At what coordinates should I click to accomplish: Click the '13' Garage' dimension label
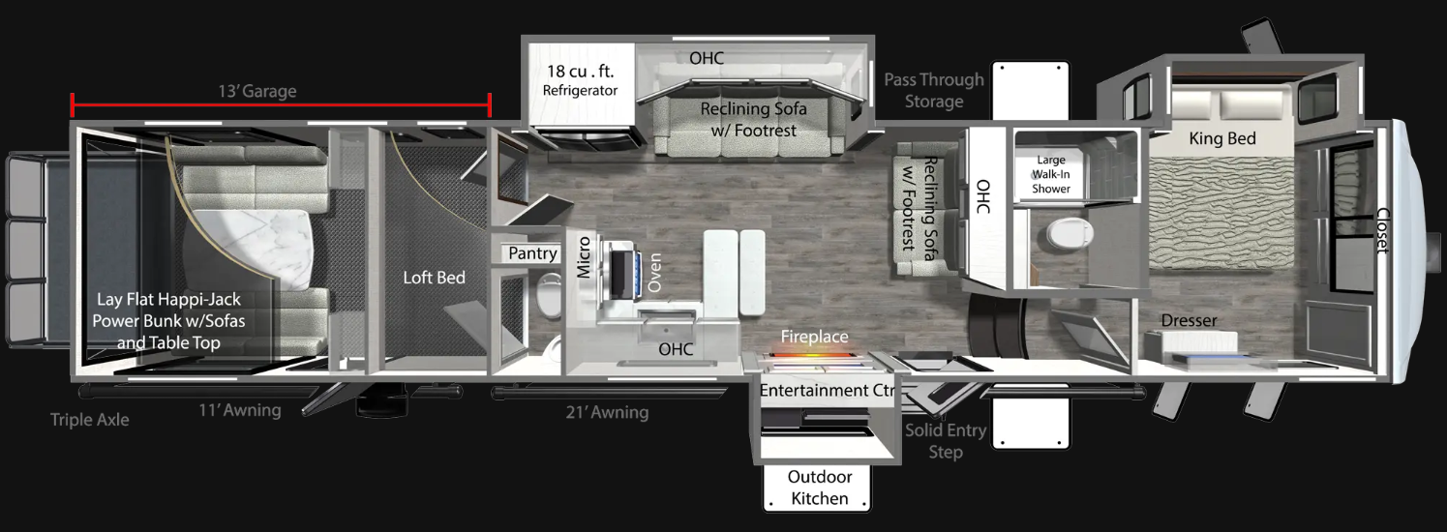[x=256, y=92]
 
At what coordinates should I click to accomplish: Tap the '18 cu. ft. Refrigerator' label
[x=580, y=80]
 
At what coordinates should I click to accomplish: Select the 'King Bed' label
[x=1222, y=138]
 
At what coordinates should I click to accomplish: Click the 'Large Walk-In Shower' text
[x=1051, y=174]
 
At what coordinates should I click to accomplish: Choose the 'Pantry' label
[x=533, y=253]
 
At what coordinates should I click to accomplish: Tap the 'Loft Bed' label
[x=434, y=278]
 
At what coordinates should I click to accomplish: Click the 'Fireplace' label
[x=815, y=337]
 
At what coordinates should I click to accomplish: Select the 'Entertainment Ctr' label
[x=828, y=391]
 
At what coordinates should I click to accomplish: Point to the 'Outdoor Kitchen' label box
[x=819, y=488]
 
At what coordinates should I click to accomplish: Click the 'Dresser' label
[x=1189, y=320]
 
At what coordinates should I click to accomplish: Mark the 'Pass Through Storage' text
[x=934, y=90]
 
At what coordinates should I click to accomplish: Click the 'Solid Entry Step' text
[x=946, y=441]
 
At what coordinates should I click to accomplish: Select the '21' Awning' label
[x=607, y=413]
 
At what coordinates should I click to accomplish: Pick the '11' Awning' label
[x=239, y=411]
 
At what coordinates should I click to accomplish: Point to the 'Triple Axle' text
[x=89, y=420]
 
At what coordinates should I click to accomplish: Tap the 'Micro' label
[x=584, y=256]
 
